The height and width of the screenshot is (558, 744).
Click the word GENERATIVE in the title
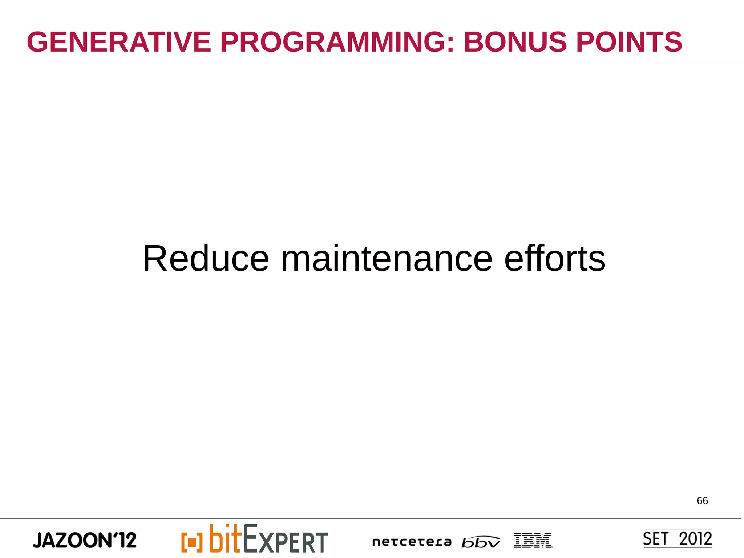click(x=119, y=42)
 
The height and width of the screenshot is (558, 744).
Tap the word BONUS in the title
click(x=515, y=42)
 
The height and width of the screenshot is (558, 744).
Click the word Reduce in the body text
click(x=206, y=258)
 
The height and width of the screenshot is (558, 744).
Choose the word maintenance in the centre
click(x=387, y=258)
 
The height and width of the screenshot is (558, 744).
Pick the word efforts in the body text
click(x=555, y=258)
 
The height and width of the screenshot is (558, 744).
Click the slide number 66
click(x=702, y=501)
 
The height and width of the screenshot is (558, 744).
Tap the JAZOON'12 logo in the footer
click(x=85, y=540)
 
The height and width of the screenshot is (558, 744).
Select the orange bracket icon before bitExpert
click(x=192, y=542)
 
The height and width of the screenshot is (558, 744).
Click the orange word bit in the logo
click(x=225, y=538)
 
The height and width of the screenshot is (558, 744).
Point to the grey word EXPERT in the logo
click(x=286, y=539)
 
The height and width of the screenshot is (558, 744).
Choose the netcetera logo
click(x=412, y=542)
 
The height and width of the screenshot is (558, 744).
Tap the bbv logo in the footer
click(x=481, y=542)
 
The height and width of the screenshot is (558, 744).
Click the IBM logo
click(x=533, y=540)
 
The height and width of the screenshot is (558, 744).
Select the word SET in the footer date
click(x=655, y=539)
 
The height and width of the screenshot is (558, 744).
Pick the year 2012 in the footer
click(x=695, y=539)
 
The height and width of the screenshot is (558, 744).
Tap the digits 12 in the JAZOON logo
click(x=128, y=540)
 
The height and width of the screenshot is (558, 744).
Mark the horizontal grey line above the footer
click(x=371, y=518)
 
